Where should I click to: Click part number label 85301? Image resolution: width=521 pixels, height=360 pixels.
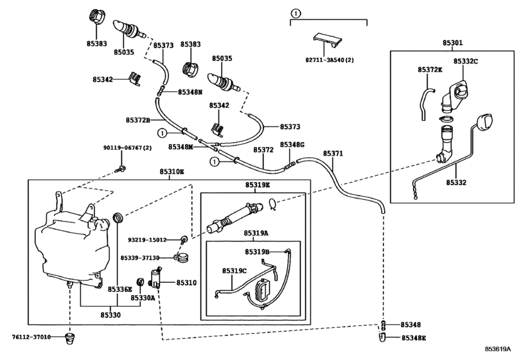click(452, 43)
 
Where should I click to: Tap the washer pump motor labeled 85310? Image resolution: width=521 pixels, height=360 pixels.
click(155, 278)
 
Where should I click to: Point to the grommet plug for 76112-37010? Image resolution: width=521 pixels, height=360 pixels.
click(70, 337)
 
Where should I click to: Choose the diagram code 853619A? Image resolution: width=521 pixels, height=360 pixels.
click(497, 349)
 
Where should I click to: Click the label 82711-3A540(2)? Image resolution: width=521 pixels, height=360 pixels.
click(330, 60)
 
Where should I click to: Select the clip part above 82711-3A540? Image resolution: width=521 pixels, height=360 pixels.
click(327, 40)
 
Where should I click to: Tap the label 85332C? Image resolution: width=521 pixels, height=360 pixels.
click(466, 62)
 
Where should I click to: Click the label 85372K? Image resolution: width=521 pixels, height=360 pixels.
click(430, 70)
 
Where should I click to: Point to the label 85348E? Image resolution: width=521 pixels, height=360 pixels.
click(414, 338)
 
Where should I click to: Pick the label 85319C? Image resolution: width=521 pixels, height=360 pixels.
click(234, 271)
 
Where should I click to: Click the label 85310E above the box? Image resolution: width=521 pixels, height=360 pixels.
click(172, 172)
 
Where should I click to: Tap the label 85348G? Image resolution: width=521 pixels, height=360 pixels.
click(292, 145)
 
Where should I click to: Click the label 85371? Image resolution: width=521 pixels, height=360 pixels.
click(333, 153)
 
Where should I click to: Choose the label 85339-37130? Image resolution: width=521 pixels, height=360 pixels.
click(140, 258)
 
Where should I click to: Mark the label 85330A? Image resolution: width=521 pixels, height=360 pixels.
click(143, 298)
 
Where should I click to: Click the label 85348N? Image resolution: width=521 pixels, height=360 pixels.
click(190, 92)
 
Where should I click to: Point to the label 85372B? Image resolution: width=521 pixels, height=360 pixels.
click(138, 120)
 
